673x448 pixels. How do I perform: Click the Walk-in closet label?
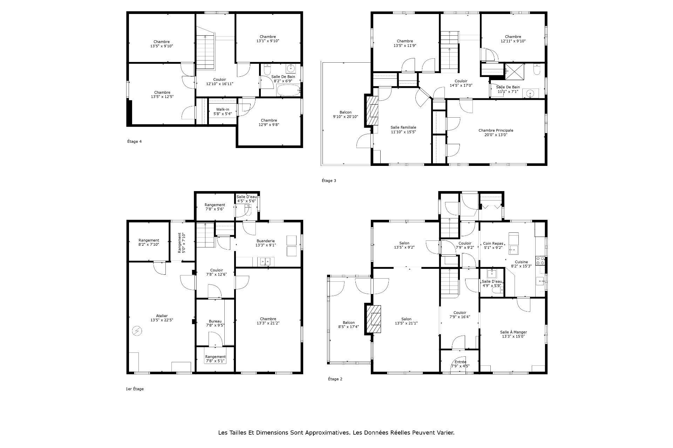[223, 111]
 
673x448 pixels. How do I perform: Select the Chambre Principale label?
[496, 132]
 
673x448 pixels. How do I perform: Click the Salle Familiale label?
[403, 129]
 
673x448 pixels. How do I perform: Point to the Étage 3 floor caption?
[329, 181]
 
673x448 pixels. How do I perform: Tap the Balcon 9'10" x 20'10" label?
[345, 114]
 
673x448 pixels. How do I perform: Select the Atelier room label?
[162, 317]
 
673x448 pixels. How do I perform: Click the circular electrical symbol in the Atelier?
[137, 331]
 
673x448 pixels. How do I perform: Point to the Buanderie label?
[265, 243]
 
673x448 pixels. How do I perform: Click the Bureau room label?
[215, 323]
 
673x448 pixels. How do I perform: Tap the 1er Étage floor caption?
[135, 389]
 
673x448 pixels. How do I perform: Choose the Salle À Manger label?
[513, 334]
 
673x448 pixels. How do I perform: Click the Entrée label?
[460, 364]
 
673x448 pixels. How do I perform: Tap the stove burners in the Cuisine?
[540, 261]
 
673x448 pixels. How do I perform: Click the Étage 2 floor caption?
[335, 379]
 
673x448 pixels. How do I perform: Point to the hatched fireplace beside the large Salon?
[374, 319]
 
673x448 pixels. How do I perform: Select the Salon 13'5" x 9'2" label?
[404, 245]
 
